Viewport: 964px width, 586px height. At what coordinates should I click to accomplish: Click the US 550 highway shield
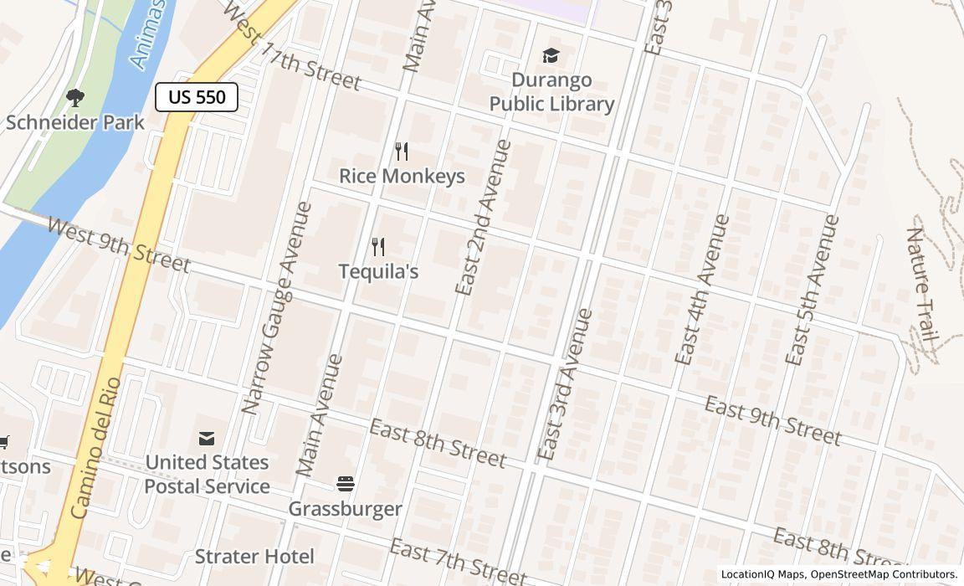tap(197, 97)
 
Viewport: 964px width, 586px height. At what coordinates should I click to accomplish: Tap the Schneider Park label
tap(75, 122)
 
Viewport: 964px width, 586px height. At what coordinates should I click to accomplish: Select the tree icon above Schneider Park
tap(75, 98)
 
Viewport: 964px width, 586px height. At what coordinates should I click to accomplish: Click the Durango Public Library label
tap(551, 92)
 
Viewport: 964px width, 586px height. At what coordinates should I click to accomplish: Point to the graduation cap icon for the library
tap(551, 56)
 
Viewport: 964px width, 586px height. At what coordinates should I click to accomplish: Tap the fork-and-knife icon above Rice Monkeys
tap(402, 152)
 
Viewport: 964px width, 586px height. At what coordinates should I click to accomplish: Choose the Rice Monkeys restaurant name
tap(402, 176)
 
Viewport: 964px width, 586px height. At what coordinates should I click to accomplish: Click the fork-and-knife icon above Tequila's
tap(378, 247)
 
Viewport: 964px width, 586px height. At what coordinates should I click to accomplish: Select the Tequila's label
tap(378, 271)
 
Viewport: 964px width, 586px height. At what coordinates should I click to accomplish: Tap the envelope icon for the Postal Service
tap(207, 438)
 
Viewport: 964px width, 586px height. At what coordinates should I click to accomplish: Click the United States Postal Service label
tap(207, 474)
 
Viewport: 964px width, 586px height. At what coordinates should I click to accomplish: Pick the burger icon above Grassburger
tap(346, 484)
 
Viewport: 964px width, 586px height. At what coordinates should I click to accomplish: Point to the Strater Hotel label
tap(254, 557)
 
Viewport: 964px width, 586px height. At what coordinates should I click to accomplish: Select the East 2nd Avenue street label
tap(483, 218)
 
